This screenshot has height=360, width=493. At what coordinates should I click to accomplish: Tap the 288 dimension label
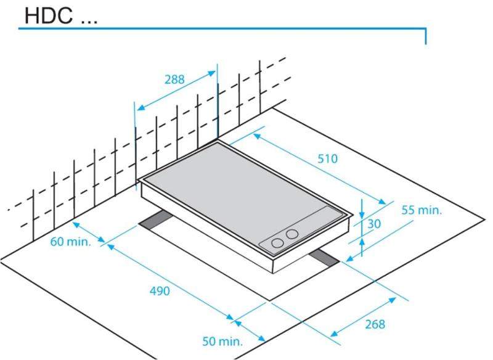click(174, 80)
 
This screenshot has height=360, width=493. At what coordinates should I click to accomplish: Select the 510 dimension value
click(328, 159)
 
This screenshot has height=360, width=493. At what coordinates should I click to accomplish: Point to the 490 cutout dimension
click(160, 291)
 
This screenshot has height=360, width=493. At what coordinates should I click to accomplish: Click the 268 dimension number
click(375, 324)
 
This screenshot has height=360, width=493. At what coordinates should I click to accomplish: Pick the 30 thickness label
click(374, 224)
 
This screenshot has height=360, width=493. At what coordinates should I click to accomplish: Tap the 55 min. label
click(422, 210)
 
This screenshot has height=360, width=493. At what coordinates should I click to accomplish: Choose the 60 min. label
click(70, 242)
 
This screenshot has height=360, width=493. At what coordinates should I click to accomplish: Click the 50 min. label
click(222, 341)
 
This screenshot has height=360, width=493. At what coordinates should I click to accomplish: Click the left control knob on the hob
click(277, 243)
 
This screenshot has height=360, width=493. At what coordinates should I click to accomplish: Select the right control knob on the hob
click(292, 234)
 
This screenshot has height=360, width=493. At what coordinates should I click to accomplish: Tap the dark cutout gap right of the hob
click(324, 258)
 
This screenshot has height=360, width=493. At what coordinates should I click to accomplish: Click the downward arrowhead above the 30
click(362, 215)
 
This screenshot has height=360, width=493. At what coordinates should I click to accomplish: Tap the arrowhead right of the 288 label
click(211, 74)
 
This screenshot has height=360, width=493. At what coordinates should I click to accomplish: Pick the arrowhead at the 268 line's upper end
click(391, 300)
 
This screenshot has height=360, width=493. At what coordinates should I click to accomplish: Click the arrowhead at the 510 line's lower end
click(381, 202)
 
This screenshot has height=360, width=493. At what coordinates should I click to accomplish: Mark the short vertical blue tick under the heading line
click(426, 36)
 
